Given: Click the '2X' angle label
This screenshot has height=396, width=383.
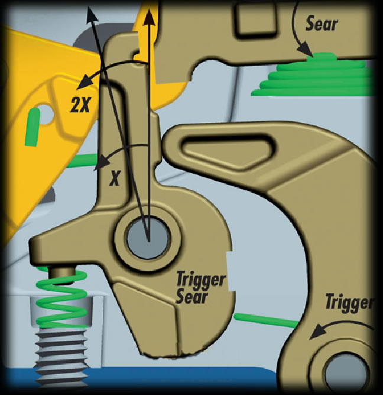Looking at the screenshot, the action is pos(80,104).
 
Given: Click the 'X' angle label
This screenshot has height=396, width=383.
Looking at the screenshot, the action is pos(114,178).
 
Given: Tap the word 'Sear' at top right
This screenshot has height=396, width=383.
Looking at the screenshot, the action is pos(322,24).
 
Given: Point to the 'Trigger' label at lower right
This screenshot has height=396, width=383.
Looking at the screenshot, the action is pos(349,302).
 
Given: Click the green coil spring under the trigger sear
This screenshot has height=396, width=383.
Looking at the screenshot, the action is pos(61,298).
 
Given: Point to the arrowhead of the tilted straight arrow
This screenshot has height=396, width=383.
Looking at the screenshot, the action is pos(92,15).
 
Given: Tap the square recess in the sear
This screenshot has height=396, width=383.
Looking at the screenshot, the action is pos(255,19).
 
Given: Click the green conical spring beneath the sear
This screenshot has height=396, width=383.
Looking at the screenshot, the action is pos(313,75).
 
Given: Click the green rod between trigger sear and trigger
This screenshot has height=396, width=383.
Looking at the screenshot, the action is pos(265,320).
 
